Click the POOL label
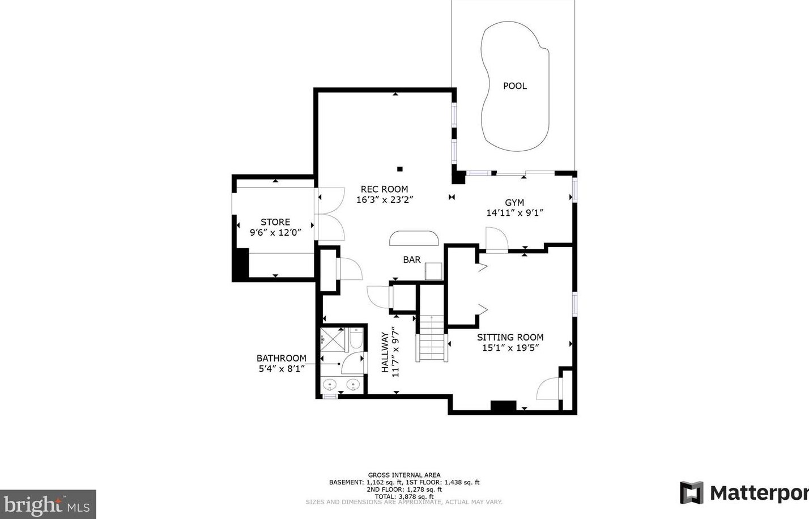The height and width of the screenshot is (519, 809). coord(514,86)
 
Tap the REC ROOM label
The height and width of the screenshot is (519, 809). coord(384,189)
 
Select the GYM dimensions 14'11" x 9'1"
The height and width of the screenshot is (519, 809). coord(514,212)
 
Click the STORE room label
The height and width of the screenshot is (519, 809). coord(275,222)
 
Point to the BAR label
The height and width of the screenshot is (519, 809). coord(412,259)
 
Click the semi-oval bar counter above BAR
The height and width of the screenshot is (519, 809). coord(414,239)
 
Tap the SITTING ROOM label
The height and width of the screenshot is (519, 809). coord(510,337)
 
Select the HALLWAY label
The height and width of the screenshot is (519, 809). coord(386,352)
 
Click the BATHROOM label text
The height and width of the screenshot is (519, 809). coord(282,358)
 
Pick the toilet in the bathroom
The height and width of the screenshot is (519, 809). coord(355,338)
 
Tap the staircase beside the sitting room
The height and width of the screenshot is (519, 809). coord(432,338)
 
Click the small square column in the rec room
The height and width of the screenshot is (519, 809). coord(400,169)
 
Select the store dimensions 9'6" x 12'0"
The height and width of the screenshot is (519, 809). coord(275,232)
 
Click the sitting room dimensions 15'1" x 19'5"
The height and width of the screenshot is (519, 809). coord(510,348)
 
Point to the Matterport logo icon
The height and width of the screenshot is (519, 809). coord(692,492)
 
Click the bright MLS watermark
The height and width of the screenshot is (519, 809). coord(48,504)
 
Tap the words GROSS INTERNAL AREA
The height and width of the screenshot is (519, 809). coord(404,475)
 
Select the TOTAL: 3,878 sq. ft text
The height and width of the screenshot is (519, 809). coord(404,496)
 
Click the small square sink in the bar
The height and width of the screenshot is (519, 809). coord(433,271)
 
